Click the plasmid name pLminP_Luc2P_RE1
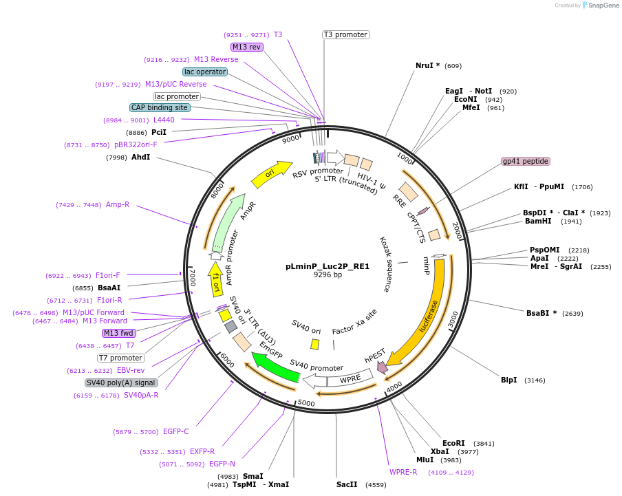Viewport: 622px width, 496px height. point(328,266)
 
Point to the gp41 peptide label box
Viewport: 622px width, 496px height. point(526,161)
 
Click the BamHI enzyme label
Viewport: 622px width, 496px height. point(538,222)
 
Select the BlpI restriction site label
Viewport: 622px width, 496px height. point(508,380)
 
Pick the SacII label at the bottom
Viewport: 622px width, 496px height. point(347,484)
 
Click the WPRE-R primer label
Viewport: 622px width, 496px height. point(403,472)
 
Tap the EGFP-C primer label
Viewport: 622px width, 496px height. point(175,432)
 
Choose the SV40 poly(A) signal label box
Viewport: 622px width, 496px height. point(121,382)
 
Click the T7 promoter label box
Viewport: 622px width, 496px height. point(121,358)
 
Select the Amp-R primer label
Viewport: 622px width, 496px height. point(118,205)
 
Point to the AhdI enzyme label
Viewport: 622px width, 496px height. point(140,158)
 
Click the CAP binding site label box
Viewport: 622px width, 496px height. point(160,107)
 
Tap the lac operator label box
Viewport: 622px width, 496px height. point(205,72)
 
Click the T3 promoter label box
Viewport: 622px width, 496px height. point(345,34)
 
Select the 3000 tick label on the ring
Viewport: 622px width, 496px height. point(451,319)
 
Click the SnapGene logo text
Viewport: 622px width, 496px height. point(603,6)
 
